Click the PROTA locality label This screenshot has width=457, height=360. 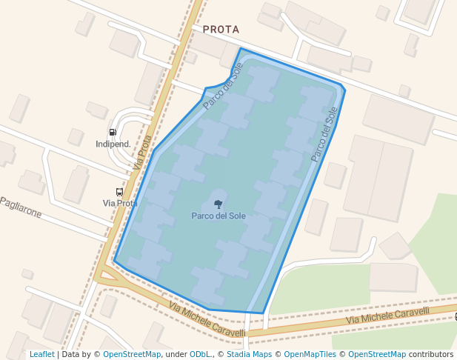click(221, 30)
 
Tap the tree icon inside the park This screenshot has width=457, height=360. click(218, 204)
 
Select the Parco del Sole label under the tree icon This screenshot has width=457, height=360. click(218, 216)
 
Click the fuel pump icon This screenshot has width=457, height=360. click(112, 133)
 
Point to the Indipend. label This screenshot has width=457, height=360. click(113, 144)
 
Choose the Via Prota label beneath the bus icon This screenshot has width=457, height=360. click(120, 203)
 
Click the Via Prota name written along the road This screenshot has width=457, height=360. click(144, 152)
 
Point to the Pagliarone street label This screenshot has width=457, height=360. click(21, 207)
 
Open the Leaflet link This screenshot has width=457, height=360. click(41, 355)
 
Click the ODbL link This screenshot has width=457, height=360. click(200, 355)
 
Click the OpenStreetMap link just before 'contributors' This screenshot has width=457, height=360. click(377, 355)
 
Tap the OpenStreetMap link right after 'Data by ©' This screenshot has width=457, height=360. click(131, 355)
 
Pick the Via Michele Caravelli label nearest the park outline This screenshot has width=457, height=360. click(207, 319)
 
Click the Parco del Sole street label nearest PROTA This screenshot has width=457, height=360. click(223, 87)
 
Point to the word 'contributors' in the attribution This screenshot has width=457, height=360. click(431, 355)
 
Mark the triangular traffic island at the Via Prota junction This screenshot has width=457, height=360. click(108, 279)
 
